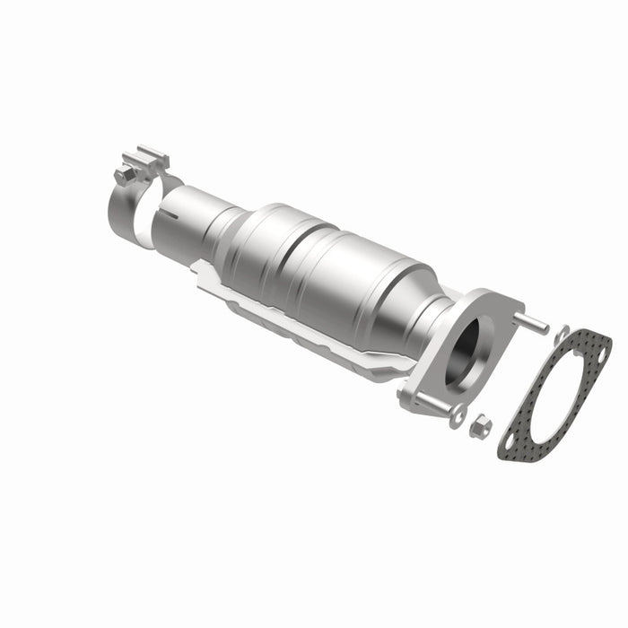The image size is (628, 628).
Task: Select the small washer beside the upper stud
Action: (x=560, y=333)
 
